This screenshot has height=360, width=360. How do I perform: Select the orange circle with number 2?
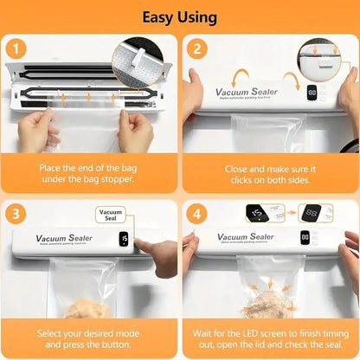coord(196,50)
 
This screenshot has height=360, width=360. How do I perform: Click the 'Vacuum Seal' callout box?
coord(111,215)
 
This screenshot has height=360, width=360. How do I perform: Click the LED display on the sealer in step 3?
coord(124,238)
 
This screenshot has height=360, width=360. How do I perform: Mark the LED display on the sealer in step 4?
coord(305,236)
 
